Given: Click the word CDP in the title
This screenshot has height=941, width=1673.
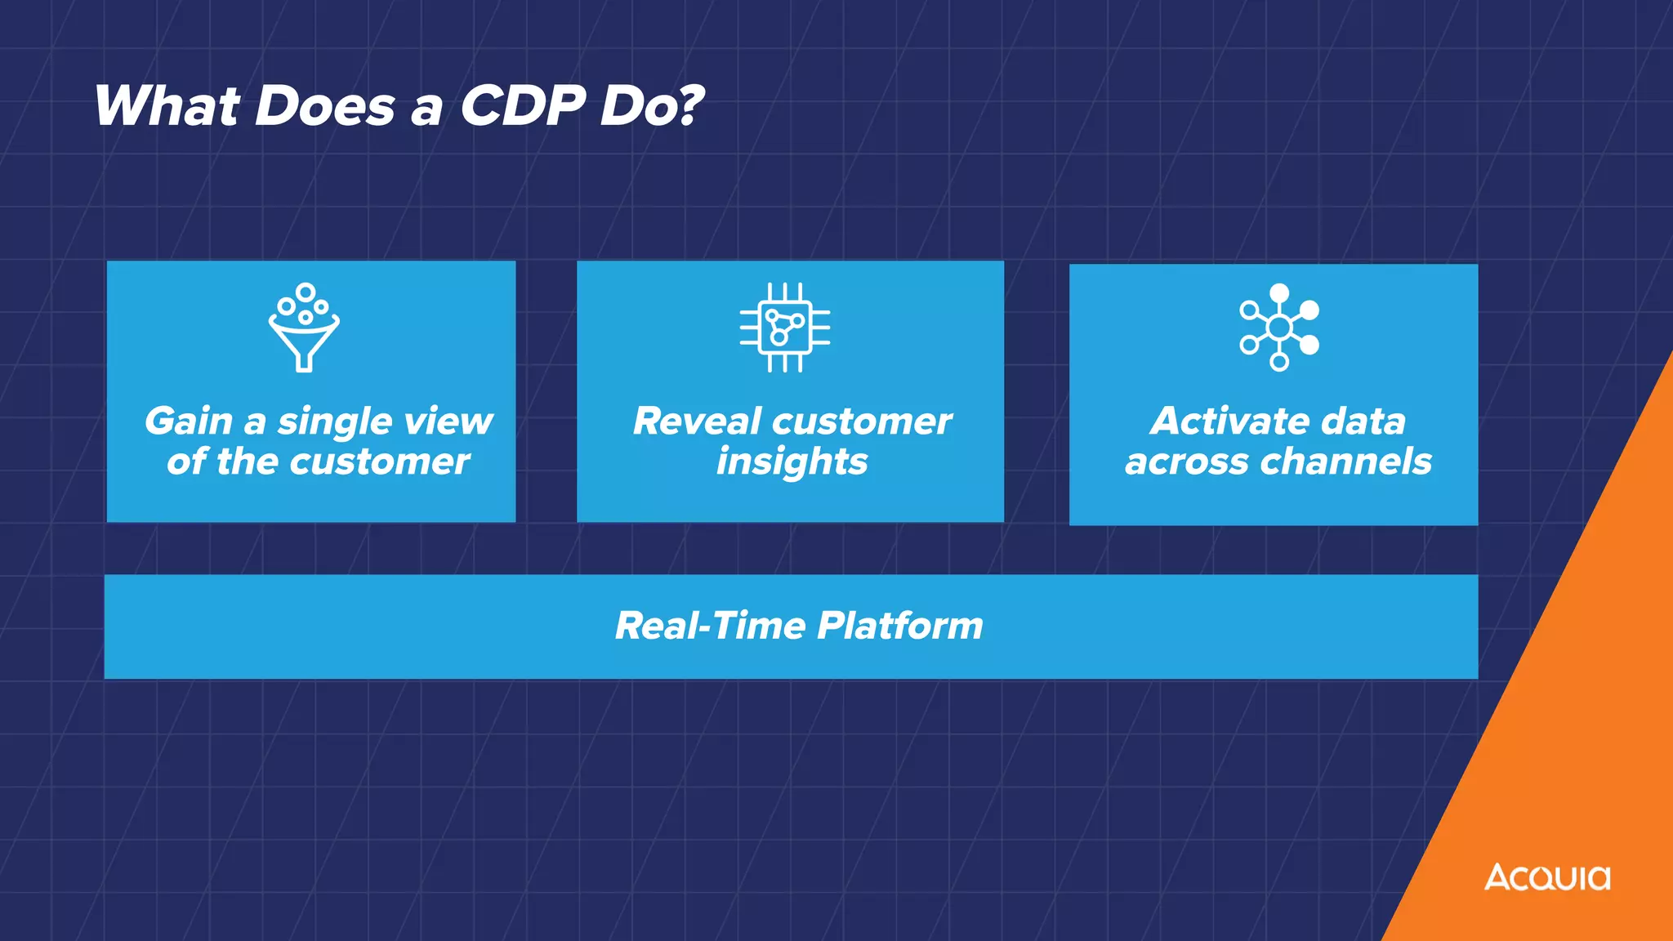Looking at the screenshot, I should pyautogui.click(x=523, y=106).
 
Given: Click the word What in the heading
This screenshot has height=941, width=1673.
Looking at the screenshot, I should pyautogui.click(x=167, y=106).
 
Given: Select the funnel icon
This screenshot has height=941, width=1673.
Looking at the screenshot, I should pyautogui.click(x=304, y=328).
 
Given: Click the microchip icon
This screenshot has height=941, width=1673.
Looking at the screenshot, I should pyautogui.click(x=785, y=328).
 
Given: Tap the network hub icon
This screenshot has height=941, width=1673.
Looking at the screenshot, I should pyautogui.click(x=1279, y=328).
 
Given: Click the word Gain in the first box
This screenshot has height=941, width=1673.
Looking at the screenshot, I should pyautogui.click(x=189, y=421).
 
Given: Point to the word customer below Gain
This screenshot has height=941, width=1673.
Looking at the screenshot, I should pyautogui.click(x=380, y=462).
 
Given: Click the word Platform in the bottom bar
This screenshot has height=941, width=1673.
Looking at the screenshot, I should pyautogui.click(x=900, y=627).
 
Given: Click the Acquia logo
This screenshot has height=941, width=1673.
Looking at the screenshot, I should pyautogui.click(x=1547, y=877).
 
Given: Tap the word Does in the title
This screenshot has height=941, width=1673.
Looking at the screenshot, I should pyautogui.click(x=324, y=106).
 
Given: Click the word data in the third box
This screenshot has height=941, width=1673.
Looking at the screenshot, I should pyautogui.click(x=1363, y=421).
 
